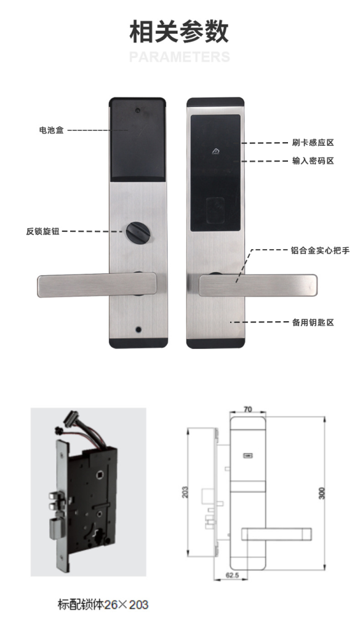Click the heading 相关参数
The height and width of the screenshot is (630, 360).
179,32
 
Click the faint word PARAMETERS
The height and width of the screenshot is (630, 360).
180,57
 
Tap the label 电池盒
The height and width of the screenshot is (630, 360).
52,130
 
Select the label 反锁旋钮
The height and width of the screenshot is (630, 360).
42,231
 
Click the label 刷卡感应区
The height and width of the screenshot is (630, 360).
313,143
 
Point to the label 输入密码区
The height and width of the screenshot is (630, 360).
313,161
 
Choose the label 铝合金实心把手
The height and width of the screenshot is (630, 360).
320,250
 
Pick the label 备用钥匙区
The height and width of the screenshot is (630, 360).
313,322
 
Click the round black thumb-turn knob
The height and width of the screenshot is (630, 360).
138,232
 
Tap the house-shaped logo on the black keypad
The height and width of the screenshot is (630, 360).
216,151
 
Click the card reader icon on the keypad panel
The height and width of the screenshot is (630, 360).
215,210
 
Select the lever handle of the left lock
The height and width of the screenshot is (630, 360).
97,285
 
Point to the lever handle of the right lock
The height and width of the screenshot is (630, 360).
258,285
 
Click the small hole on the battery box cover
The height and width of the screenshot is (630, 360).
138,111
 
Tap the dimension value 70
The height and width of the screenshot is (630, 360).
248,409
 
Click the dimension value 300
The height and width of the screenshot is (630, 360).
321,493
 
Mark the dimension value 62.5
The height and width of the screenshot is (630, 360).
232,575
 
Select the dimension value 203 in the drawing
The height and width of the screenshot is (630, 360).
185,492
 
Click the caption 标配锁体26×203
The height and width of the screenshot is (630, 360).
103,605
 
